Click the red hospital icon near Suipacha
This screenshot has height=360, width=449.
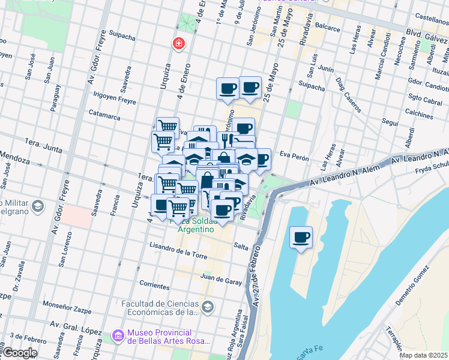178,44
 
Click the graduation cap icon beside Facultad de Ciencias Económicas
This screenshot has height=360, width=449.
207,307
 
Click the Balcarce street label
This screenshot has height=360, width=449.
327,28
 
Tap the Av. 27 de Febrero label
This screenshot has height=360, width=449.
256,282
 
